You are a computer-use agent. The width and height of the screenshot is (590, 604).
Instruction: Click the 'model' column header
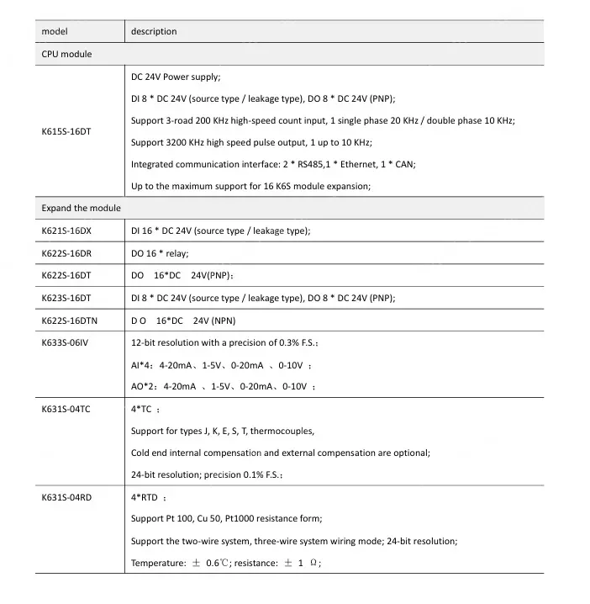55,32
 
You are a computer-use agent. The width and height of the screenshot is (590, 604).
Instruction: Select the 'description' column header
154,32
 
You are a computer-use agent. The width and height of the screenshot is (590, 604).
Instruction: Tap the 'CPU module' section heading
66,55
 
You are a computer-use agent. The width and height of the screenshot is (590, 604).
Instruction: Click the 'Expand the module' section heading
82,208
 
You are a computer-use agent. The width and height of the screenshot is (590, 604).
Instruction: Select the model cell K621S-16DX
66,230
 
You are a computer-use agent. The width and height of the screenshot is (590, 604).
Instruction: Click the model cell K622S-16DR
66,253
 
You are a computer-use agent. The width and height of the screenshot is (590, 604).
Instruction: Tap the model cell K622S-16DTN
69,321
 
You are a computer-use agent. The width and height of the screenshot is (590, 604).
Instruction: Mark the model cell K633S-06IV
65,343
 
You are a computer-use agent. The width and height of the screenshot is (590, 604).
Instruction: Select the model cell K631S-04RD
66,498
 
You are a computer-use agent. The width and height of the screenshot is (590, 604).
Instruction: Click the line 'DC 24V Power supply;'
176,77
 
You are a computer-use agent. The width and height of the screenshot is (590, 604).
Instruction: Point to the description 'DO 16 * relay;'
161,253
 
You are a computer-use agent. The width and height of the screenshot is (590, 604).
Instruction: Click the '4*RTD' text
145,498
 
